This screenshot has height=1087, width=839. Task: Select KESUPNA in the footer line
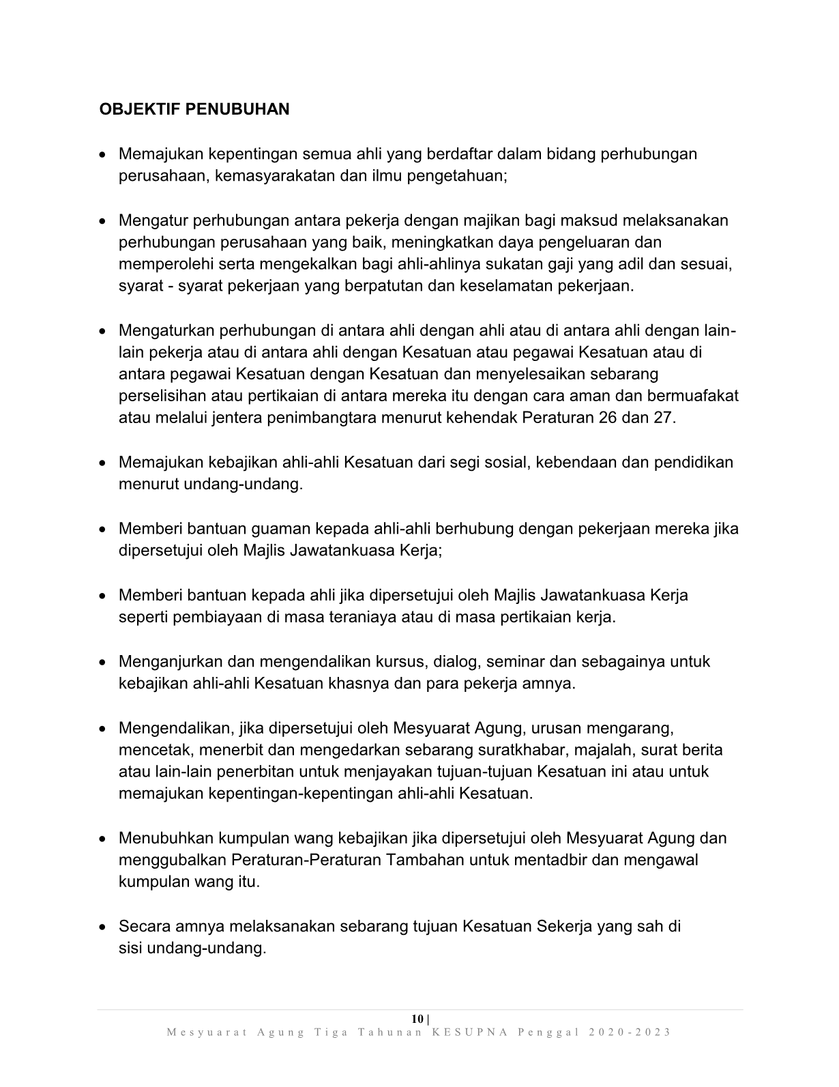(470, 1032)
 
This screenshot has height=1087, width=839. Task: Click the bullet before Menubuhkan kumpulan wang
(102, 839)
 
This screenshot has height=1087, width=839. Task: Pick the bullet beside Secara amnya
(102, 927)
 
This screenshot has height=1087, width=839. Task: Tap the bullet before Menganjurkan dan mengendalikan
(102, 662)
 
